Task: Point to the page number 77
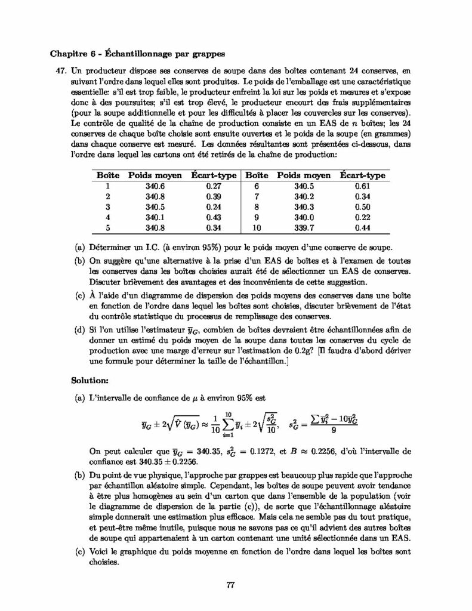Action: (x=231, y=584)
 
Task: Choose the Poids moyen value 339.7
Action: (x=304, y=227)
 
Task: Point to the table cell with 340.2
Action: (x=304, y=196)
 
